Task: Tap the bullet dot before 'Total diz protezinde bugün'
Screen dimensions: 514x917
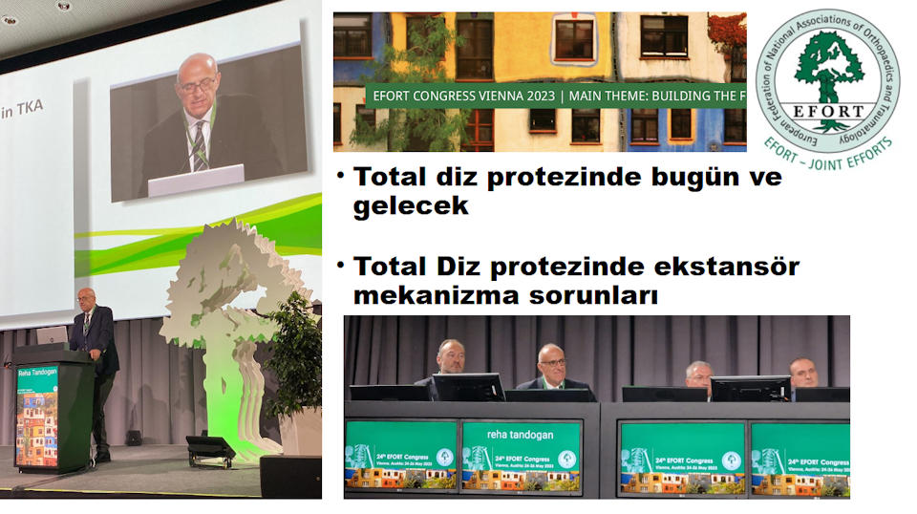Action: tap(340, 178)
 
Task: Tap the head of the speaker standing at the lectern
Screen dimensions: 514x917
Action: tap(86, 298)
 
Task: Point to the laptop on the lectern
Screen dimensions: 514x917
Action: tap(52, 335)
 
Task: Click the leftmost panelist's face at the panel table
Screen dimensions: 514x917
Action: tap(450, 357)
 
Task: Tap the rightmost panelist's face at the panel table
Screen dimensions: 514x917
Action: tap(802, 373)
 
